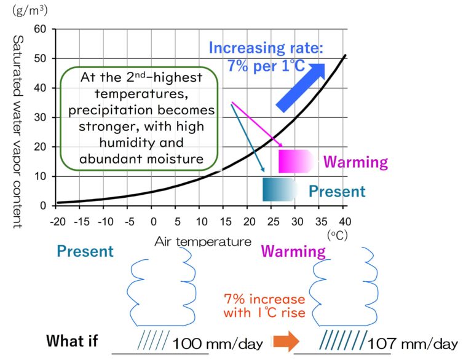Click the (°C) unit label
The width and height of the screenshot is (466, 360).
point(338,234)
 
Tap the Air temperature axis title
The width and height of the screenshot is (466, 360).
point(203,241)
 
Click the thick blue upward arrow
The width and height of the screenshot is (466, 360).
point(301,87)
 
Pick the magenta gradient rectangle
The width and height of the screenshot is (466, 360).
point(296,161)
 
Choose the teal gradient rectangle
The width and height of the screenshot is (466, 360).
point(279,189)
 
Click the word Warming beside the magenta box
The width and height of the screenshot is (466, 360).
point(355,162)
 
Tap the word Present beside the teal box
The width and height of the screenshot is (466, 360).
point(336,191)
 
